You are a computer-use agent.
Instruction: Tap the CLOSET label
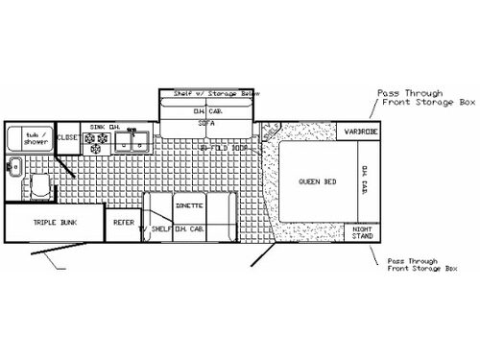point(68,138)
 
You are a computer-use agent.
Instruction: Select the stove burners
point(98,141)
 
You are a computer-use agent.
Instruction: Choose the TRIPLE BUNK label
point(55,222)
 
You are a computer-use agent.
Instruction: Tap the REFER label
point(123,222)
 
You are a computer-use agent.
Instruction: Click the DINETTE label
point(188,205)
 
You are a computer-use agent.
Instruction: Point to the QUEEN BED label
point(316,180)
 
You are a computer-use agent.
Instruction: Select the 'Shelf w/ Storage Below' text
point(206,94)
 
